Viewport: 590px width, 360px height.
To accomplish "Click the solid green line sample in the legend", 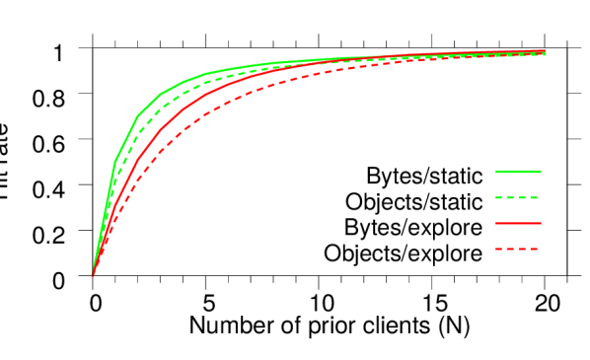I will [x=518, y=172].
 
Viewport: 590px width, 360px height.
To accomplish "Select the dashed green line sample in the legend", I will [x=517, y=197].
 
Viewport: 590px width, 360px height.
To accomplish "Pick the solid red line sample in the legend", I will [x=518, y=223].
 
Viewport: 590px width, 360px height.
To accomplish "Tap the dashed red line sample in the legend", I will [x=517, y=249].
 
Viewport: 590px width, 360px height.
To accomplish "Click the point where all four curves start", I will [x=93, y=276].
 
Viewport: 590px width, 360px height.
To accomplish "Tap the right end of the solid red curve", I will [x=546, y=50].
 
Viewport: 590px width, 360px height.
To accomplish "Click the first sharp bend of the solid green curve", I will [x=115, y=161].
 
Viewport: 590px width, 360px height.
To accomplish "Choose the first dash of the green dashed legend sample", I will [x=499, y=197].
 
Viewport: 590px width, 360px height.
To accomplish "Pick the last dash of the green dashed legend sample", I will [x=534, y=197].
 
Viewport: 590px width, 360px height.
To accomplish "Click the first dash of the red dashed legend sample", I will [x=497, y=249].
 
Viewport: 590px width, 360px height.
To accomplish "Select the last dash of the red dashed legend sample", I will [x=535, y=249].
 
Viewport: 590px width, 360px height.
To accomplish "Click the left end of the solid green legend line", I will [x=495, y=172].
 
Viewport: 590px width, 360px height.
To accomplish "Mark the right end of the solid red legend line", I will [x=542, y=223].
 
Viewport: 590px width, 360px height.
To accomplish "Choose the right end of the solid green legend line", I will [x=542, y=172].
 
